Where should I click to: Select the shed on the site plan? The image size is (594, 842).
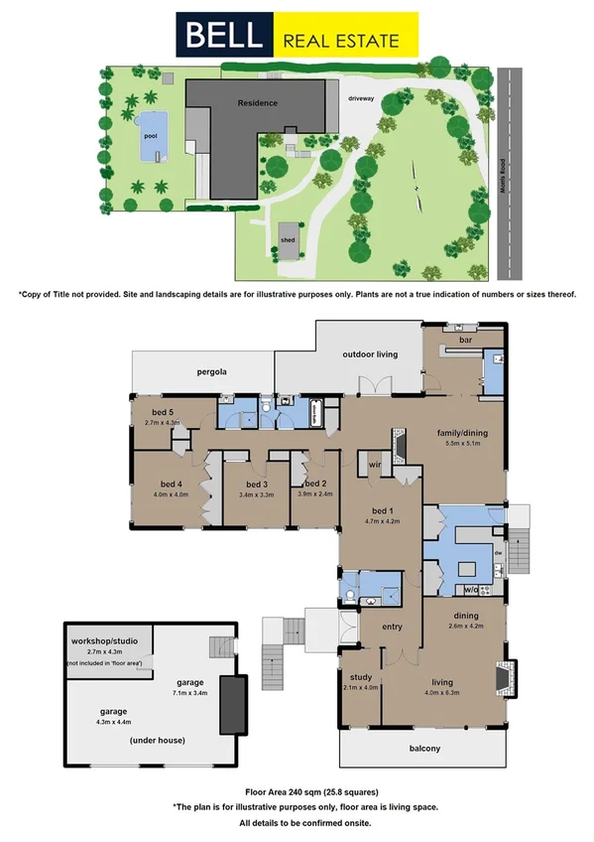(289, 238)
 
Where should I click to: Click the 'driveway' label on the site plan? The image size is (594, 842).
(361, 98)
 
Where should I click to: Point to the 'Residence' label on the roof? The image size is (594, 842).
(257, 102)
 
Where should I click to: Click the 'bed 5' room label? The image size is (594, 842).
(164, 412)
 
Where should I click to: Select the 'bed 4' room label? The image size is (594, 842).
(166, 484)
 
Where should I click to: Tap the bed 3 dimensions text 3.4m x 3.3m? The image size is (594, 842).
(256, 493)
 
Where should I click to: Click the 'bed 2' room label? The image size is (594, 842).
(314, 483)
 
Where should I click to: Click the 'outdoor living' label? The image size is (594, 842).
(370, 354)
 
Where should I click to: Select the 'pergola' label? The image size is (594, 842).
(211, 371)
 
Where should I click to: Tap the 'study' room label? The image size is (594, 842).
(361, 677)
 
